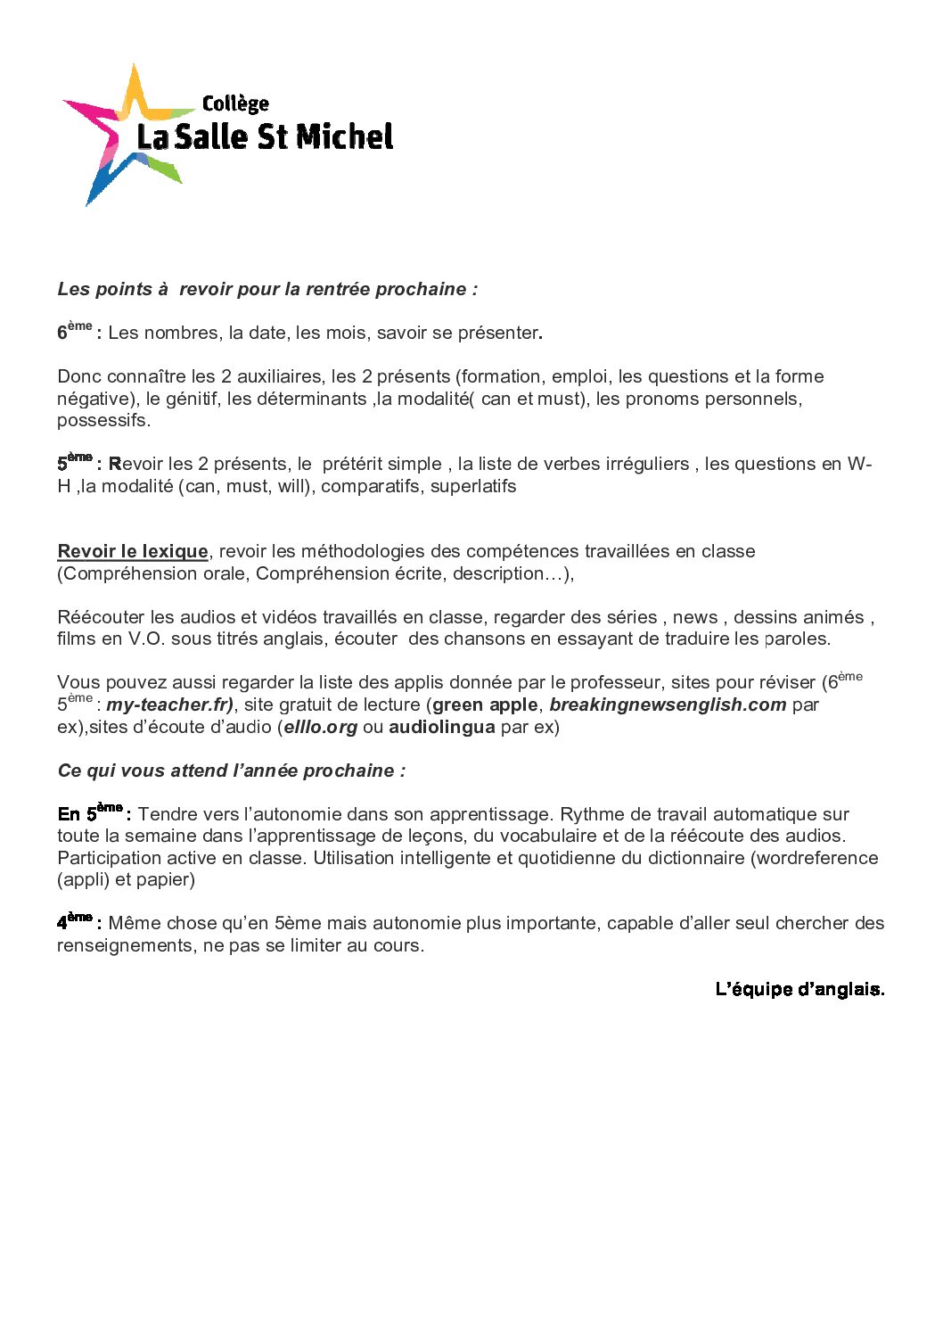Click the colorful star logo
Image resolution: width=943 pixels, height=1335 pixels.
pos(125,134)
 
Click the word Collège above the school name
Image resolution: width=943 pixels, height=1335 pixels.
pos(235,104)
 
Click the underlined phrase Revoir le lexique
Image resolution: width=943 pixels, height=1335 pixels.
pos(133,551)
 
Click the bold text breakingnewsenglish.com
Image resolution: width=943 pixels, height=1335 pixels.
pos(668,705)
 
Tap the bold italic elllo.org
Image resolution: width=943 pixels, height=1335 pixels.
pos(321,727)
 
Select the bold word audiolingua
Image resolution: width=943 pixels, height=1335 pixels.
pos(441,727)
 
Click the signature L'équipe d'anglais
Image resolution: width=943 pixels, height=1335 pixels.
pos(799,989)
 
